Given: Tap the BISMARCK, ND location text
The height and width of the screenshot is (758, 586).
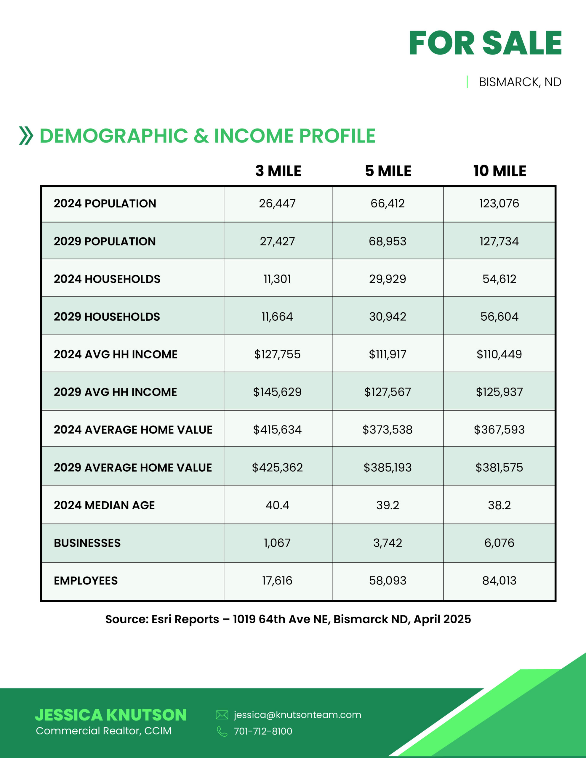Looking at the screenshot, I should [520, 82].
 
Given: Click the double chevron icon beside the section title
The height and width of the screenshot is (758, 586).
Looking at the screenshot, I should [26, 136].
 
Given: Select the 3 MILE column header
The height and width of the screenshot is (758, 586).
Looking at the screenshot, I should [278, 171].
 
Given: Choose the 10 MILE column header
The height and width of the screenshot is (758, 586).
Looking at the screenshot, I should [499, 171].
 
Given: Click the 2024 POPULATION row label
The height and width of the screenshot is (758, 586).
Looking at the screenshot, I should [105, 204].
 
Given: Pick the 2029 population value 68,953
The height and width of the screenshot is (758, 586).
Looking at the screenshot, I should [387, 242].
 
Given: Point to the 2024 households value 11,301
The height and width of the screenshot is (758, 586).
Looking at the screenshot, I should [277, 279].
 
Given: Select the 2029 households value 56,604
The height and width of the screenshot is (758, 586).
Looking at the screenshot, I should [499, 317].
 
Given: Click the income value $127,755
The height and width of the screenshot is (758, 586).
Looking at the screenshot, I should [277, 354].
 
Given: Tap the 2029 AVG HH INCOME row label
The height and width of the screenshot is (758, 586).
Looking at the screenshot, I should [115, 392].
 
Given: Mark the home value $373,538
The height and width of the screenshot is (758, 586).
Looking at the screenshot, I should [387, 430].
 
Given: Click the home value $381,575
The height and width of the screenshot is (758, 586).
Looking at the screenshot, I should [499, 468].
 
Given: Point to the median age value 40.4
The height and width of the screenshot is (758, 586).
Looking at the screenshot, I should [277, 505].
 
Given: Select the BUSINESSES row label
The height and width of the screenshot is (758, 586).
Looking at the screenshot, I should [87, 543].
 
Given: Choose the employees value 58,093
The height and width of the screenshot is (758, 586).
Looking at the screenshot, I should [387, 581].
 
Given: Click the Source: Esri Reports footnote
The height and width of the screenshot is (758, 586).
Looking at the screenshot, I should [288, 619].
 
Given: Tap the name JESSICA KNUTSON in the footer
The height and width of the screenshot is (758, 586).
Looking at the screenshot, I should [111, 715].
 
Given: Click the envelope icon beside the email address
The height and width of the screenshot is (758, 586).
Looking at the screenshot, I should [222, 715].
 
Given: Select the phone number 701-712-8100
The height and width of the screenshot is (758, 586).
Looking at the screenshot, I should [263, 731].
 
